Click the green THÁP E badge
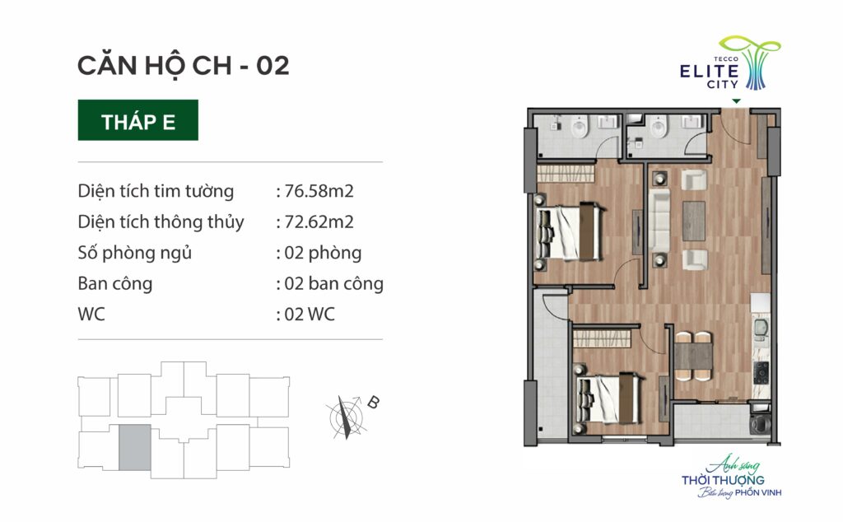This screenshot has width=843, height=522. (x=137, y=120)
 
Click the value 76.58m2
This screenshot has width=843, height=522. (x=319, y=191)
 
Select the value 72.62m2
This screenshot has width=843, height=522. (x=319, y=221)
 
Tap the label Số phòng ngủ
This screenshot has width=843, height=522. (x=134, y=254)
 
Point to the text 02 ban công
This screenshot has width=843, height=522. (x=333, y=283)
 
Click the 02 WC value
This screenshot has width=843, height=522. (x=310, y=314)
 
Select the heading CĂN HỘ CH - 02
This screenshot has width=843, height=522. (x=184, y=65)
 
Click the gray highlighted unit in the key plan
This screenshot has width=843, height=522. (x=134, y=447)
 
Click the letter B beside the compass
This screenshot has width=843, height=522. (x=373, y=402)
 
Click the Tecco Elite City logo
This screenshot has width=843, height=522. (x=729, y=63)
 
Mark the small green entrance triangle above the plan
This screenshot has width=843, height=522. (x=736, y=101)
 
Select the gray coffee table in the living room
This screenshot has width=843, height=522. (x=693, y=221)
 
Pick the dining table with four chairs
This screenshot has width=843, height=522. (x=693, y=357)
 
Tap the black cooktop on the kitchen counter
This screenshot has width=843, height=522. (x=761, y=372)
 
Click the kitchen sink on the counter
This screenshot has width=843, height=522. (x=761, y=329)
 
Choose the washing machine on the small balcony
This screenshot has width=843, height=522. (x=760, y=423)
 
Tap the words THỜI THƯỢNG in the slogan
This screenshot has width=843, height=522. (x=723, y=479)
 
